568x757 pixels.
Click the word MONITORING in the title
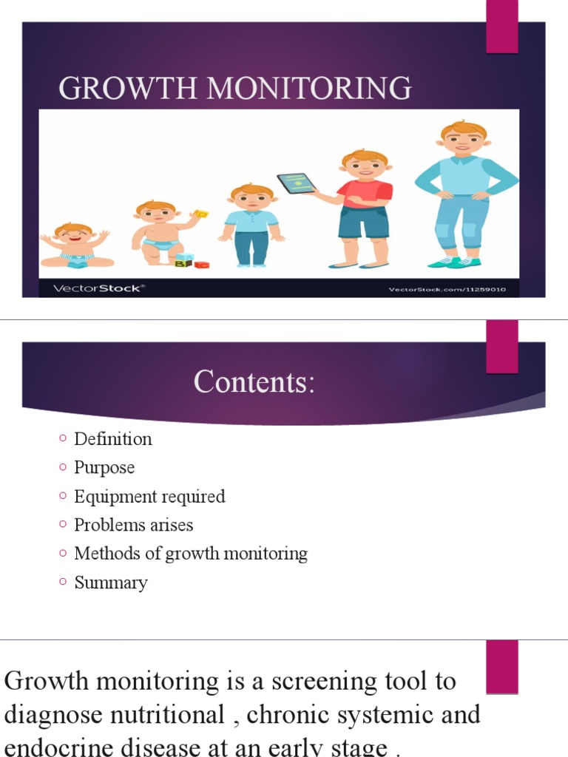click(x=309, y=89)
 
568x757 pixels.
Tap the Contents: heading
click(x=254, y=382)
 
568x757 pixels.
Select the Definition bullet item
click(x=112, y=439)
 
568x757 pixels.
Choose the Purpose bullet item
click(x=104, y=468)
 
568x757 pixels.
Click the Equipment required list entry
click(x=149, y=497)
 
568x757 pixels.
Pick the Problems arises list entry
click(x=133, y=526)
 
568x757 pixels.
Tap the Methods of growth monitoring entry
click(x=190, y=554)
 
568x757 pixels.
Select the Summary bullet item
click(x=111, y=583)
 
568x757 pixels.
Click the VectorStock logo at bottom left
click(x=97, y=288)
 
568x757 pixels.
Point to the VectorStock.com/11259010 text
click(x=447, y=289)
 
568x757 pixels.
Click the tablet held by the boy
click(x=295, y=183)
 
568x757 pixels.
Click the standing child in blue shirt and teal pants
click(x=251, y=225)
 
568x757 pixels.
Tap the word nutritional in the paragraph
click(x=168, y=715)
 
